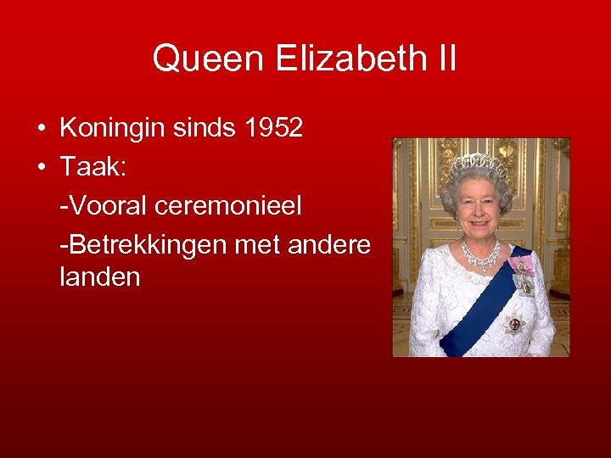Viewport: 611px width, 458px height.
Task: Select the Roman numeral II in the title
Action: click(x=446, y=59)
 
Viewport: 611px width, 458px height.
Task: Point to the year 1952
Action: click(x=272, y=129)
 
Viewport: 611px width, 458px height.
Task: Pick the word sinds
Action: click(x=208, y=129)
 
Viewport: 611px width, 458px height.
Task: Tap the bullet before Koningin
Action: click(x=41, y=129)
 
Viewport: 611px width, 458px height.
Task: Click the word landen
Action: click(x=100, y=278)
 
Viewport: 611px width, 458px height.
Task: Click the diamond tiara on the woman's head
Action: click(x=478, y=164)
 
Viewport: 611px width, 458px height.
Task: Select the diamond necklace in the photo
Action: click(x=481, y=254)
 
